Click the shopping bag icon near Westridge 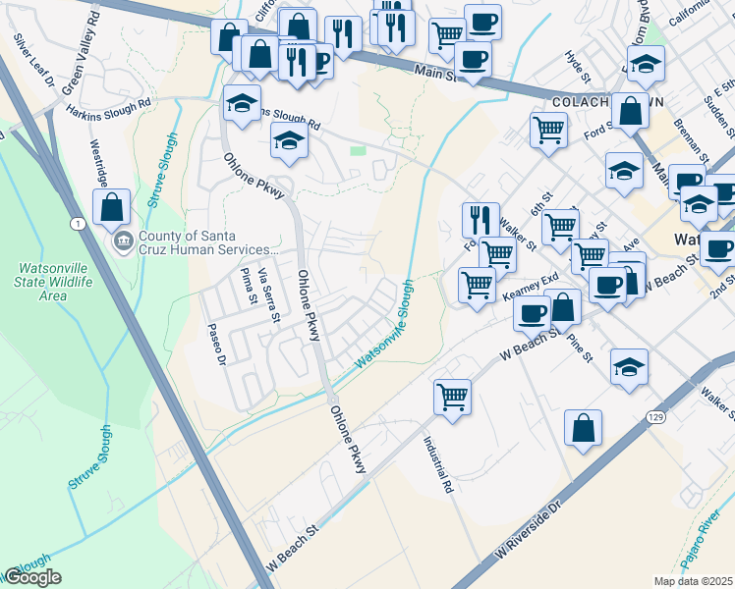[112, 207]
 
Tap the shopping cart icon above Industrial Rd [452, 398]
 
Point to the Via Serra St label [269, 294]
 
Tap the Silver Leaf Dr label [32, 60]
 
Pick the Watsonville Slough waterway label [384, 325]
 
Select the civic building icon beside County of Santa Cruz [124, 241]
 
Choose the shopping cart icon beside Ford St [548, 129]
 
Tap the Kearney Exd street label [530, 288]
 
